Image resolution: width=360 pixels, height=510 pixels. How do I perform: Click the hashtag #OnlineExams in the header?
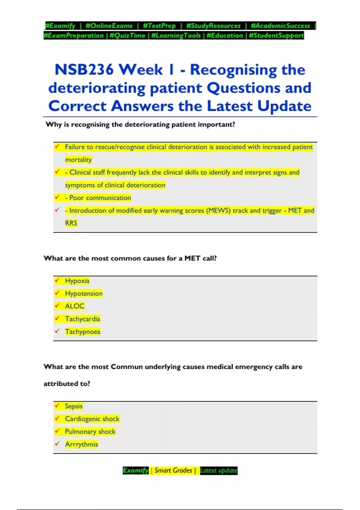(109, 26)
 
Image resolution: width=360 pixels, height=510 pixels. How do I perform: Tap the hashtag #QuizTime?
(127, 35)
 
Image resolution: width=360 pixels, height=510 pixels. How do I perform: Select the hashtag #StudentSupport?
(276, 35)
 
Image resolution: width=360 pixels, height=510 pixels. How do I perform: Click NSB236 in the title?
(84, 70)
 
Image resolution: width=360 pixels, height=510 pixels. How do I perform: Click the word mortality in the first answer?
(78, 160)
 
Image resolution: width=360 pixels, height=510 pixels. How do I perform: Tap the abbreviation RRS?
(71, 223)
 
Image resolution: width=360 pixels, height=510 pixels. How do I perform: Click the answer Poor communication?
(100, 198)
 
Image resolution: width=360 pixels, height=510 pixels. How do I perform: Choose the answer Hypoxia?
(77, 281)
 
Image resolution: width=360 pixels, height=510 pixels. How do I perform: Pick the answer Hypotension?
(84, 293)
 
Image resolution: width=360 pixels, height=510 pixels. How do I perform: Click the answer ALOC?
(75, 306)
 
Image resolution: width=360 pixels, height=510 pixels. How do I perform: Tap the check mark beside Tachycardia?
(57, 318)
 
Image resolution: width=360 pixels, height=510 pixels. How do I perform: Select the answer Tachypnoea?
(82, 331)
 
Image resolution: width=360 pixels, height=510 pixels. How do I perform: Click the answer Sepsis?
(74, 406)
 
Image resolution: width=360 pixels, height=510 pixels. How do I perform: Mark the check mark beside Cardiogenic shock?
(57, 418)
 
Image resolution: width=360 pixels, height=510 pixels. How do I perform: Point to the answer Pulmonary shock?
(90, 431)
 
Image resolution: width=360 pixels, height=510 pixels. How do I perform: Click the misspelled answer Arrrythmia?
(81, 444)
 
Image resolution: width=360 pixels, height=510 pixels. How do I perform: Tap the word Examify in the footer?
(136, 470)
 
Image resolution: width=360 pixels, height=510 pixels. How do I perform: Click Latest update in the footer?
(218, 470)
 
